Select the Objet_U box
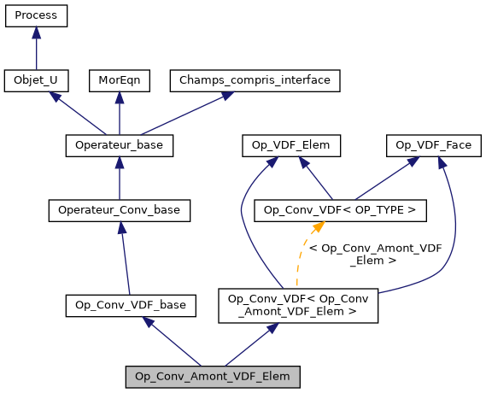coord(36,81)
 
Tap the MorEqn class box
coord(119,81)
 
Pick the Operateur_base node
coord(119,146)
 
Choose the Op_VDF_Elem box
coord(291,146)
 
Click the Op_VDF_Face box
coord(434,146)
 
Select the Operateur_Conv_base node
coord(119,209)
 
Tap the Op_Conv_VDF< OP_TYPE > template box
coord(340,209)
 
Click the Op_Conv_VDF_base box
coord(131,304)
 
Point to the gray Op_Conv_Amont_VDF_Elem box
coord(213,376)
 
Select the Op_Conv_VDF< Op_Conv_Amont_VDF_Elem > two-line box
coord(298,305)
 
